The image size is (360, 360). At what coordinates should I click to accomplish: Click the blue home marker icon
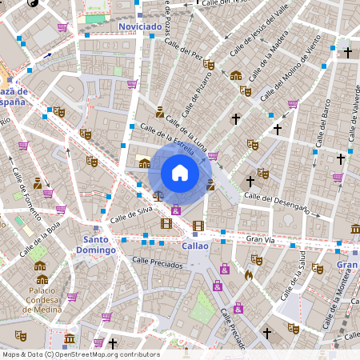tap(180, 172)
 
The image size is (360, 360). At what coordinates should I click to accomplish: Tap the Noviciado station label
tap(139, 26)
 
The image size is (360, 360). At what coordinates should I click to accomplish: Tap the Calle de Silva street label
tap(130, 213)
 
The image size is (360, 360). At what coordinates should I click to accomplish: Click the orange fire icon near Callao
tap(249, 274)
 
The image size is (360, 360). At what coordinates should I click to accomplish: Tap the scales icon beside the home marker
tap(158, 194)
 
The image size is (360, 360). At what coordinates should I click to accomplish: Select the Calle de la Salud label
tap(298, 272)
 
